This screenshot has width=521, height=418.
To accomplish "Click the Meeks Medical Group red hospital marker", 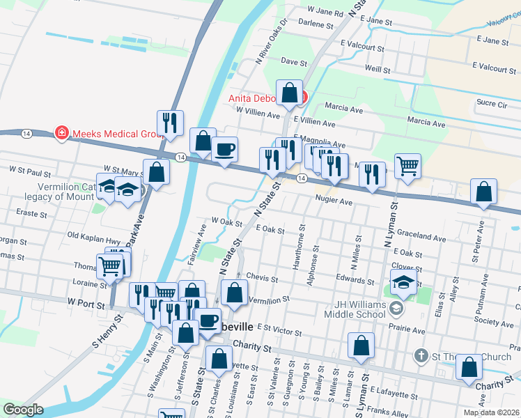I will (62, 132).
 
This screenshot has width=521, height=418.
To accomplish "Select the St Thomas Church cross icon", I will (421, 356).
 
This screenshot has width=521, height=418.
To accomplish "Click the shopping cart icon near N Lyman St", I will (407, 166).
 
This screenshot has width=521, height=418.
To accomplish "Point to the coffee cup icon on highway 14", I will (224, 150).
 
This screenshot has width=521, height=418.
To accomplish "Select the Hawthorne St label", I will (302, 247).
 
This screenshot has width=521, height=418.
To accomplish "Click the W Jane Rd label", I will (325, 13).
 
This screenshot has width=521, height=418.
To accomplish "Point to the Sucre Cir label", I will (492, 103).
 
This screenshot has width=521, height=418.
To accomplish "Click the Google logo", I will (23, 410).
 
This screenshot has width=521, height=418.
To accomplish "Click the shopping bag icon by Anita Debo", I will (289, 92).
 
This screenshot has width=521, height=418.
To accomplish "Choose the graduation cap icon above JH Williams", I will (403, 282).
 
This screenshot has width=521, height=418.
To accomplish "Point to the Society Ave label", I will (494, 322).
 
